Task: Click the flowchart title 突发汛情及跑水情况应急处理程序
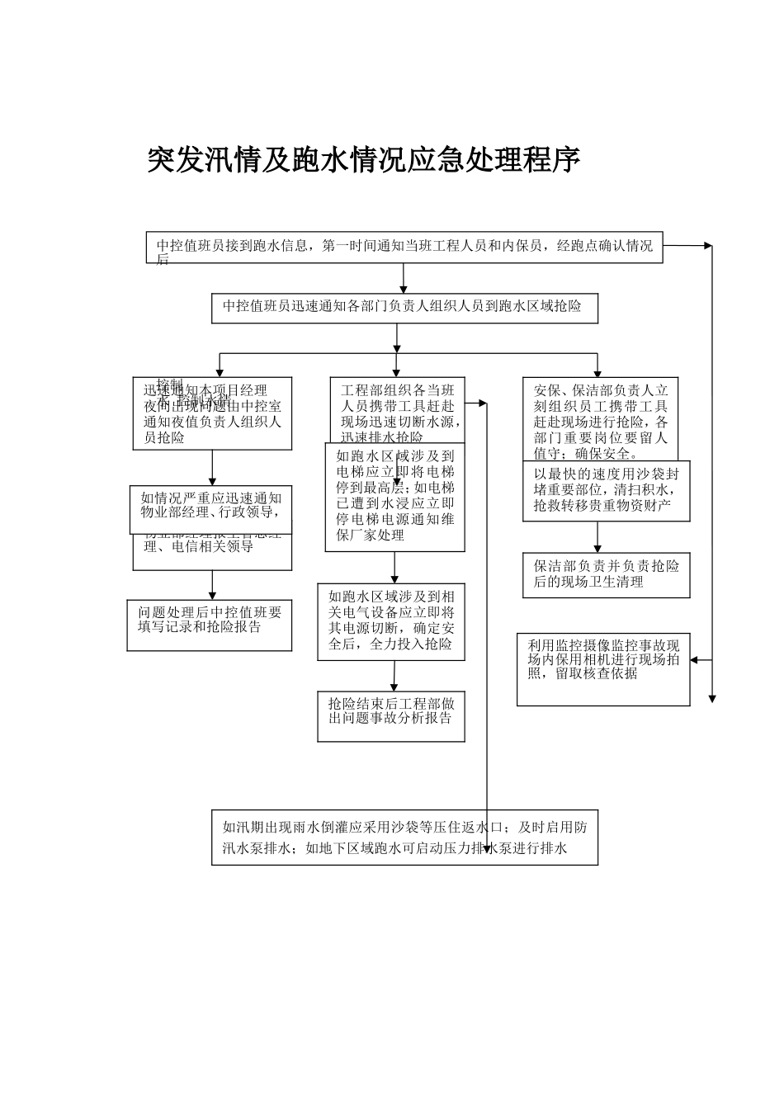click(363, 160)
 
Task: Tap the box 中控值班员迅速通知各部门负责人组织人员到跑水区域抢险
click(404, 307)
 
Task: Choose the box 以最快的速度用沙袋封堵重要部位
click(606, 490)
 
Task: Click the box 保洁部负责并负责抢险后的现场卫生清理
click(606, 574)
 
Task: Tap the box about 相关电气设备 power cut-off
click(391, 621)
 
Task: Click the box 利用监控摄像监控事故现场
click(603, 668)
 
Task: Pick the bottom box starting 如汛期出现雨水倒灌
click(404, 838)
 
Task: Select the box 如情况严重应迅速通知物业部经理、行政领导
click(211, 508)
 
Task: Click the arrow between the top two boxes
click(404, 279)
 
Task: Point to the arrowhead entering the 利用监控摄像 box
click(695, 660)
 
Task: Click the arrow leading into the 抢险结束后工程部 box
click(394, 677)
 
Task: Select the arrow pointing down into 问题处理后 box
click(212, 586)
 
